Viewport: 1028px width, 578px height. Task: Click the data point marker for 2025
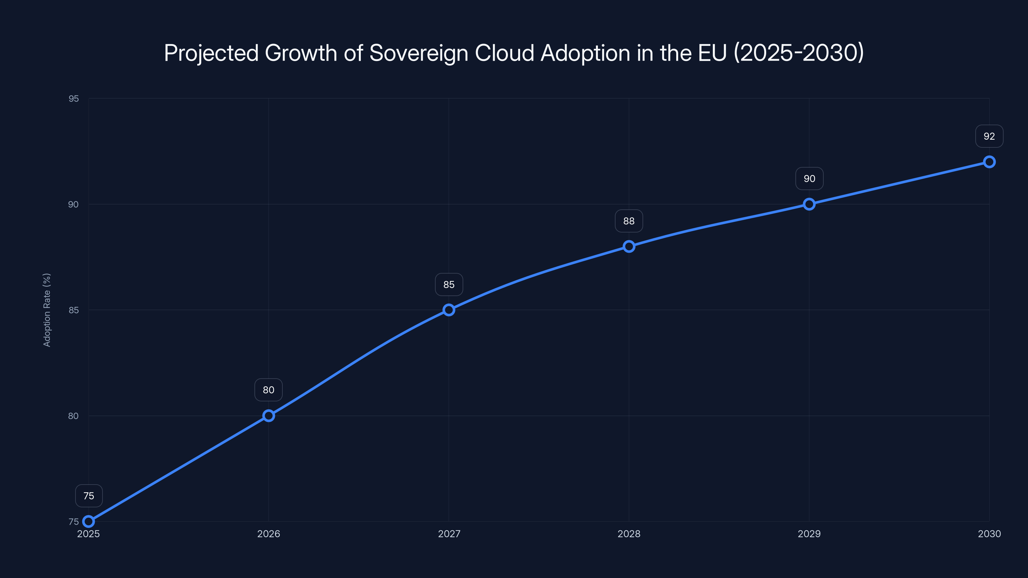tap(89, 521)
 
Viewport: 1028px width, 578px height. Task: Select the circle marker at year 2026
tap(269, 416)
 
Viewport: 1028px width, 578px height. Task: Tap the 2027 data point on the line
tap(449, 310)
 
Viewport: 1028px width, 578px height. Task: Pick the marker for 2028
tap(629, 247)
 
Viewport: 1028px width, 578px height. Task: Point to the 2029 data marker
tap(809, 204)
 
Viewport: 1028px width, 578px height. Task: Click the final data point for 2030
tap(989, 162)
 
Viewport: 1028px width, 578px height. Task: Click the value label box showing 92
tap(989, 136)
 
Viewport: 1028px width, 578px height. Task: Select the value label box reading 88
tap(629, 221)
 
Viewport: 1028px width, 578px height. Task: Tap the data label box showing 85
tap(449, 285)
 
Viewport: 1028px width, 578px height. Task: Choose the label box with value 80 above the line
tap(269, 390)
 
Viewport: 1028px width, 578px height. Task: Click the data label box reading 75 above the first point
tap(89, 496)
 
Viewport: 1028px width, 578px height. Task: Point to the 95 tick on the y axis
tap(74, 99)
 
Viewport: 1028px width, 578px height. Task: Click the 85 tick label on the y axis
tap(74, 310)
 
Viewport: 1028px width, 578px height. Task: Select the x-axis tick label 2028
tap(629, 534)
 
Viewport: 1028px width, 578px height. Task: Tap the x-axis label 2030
tap(989, 534)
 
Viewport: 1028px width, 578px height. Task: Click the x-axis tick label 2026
tap(269, 534)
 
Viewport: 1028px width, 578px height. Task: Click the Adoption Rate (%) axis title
tap(47, 310)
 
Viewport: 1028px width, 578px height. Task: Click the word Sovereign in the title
tap(419, 53)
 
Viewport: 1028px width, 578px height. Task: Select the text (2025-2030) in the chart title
tap(799, 53)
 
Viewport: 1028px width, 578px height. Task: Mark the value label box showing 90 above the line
tap(809, 179)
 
